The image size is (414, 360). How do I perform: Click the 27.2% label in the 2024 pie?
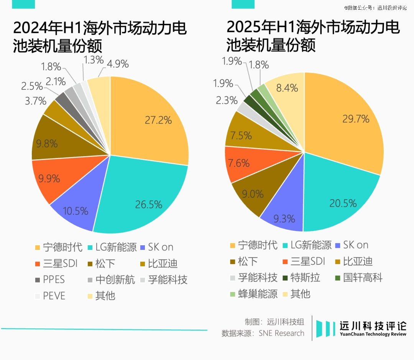158,120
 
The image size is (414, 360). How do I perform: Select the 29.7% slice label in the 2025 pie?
356,119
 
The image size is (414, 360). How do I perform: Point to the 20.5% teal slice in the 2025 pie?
343,203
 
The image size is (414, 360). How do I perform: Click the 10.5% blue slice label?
75,211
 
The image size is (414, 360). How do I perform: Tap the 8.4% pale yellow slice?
287,88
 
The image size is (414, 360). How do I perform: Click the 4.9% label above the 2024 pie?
118,64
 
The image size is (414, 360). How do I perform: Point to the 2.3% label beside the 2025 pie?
227,101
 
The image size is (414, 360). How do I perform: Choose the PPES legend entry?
50,279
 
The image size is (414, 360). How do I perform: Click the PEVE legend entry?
50,296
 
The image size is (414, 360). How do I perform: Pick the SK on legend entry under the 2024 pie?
157,247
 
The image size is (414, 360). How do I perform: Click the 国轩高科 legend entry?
358,277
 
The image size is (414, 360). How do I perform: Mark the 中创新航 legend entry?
111,279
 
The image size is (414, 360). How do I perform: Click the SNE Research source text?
281,333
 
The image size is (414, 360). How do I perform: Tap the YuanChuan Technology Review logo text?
373,334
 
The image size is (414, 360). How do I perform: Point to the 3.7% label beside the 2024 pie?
35,101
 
